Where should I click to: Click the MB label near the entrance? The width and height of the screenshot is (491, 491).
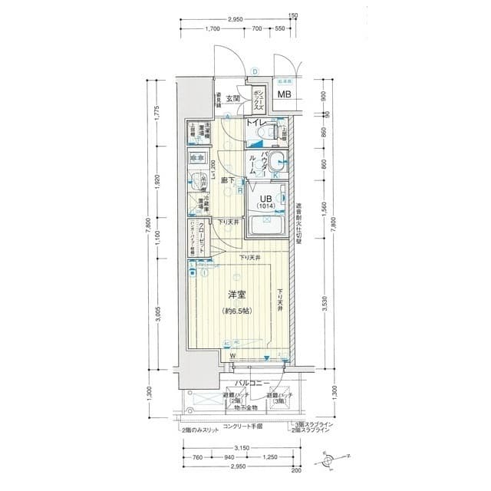click(284, 95)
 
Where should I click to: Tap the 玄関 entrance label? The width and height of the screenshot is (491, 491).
click(234, 98)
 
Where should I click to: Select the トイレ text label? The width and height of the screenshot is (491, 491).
click(255, 123)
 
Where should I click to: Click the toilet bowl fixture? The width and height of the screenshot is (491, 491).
click(262, 135)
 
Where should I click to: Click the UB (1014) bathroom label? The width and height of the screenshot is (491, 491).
click(265, 201)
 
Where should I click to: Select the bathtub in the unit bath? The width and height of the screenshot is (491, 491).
click(266, 227)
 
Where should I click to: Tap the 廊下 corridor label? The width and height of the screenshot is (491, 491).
click(228, 181)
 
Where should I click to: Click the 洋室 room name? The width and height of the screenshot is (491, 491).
click(236, 295)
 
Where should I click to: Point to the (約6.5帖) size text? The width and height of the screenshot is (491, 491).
click(236, 311)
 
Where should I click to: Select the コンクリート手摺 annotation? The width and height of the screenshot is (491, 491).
click(243, 426)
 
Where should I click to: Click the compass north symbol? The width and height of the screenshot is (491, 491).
click(329, 460)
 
